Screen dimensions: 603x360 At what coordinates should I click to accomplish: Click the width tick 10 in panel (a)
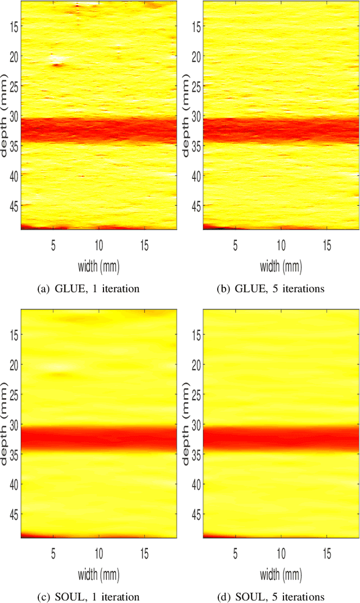click(98, 245)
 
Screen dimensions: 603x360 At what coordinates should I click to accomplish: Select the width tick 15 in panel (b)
click(326, 245)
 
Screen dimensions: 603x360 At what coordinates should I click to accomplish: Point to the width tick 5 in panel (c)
click(53, 553)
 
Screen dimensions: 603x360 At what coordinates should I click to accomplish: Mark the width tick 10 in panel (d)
click(280, 553)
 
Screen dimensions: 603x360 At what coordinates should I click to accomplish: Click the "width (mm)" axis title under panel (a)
click(98, 264)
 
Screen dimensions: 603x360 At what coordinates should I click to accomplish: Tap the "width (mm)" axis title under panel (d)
click(280, 572)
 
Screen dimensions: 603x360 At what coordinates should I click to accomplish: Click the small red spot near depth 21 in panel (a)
click(56, 65)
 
